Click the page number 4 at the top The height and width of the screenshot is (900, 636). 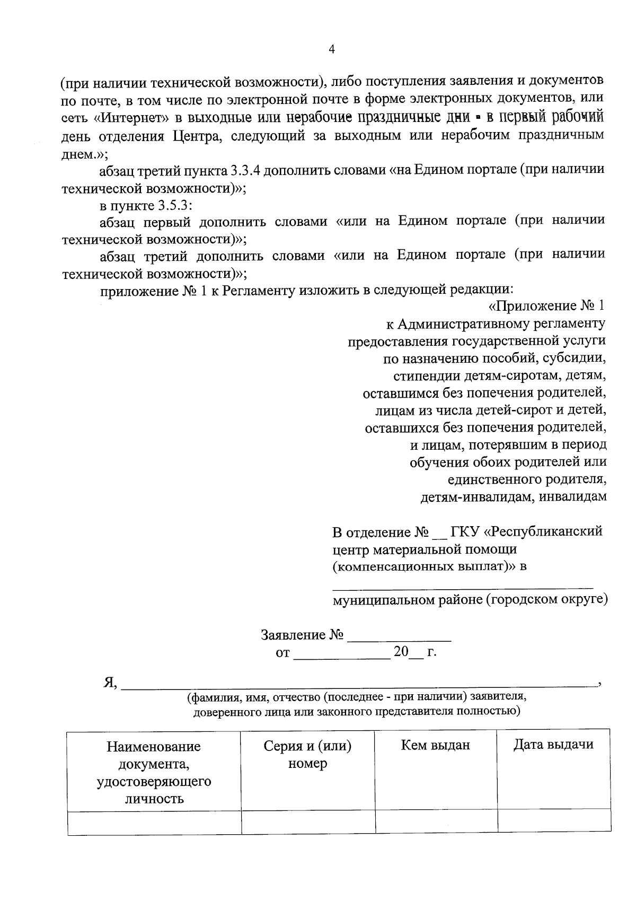[x=332, y=50]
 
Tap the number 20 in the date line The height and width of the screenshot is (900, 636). [x=401, y=652]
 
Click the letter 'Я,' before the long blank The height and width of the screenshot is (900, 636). [x=110, y=683]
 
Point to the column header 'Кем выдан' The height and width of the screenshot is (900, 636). [x=436, y=745]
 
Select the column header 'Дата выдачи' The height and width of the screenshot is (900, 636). [x=553, y=745]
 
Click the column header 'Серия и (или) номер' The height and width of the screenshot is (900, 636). [x=308, y=754]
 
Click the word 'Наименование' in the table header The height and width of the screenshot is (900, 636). [x=154, y=747]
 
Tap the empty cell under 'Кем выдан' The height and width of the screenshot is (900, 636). [x=436, y=822]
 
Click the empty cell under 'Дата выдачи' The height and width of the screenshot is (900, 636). [x=554, y=822]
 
